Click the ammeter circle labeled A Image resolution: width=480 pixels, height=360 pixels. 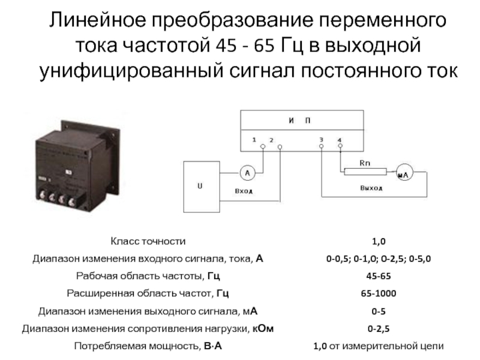click(245, 173)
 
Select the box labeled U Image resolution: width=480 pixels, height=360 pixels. click(200, 186)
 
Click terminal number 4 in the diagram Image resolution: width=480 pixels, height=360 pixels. click(340, 145)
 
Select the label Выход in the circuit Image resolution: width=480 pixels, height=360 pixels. click(371, 188)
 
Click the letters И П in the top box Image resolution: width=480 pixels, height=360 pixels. click(299, 121)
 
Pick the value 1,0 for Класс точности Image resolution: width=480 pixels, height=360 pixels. click(379, 242)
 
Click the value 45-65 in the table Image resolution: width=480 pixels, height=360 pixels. click(379, 277)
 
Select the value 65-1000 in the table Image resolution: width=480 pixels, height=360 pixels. click(379, 294)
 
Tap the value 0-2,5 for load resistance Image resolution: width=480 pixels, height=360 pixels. click(379, 329)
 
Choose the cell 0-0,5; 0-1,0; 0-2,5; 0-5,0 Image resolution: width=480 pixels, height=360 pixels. click(379, 259)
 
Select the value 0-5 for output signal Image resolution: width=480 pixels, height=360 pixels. click(379, 311)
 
